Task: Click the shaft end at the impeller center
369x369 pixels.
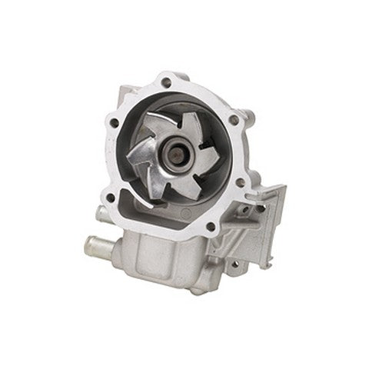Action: pyautogui.click(x=184, y=145)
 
